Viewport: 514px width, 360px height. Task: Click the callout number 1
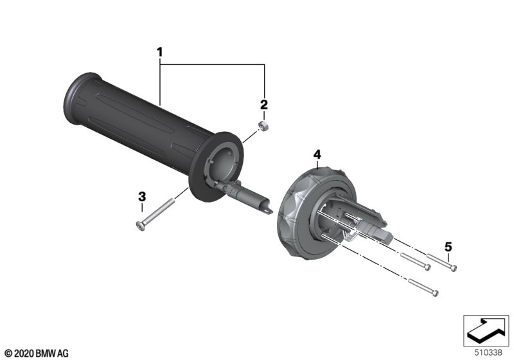(x=159, y=52)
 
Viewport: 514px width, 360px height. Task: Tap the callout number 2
(x=264, y=105)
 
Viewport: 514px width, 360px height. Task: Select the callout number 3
(x=142, y=197)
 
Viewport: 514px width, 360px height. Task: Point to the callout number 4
(x=317, y=154)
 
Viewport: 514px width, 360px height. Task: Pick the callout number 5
(x=448, y=247)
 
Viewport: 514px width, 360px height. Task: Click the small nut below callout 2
(x=263, y=125)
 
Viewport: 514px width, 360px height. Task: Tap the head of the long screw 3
(x=141, y=226)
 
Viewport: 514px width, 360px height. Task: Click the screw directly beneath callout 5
(x=441, y=262)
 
